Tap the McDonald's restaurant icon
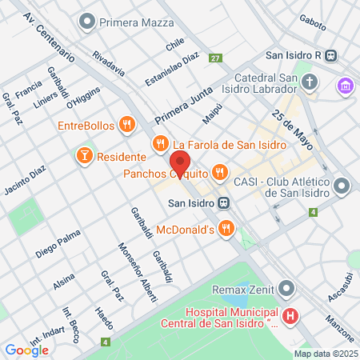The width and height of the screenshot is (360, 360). pos(227,229)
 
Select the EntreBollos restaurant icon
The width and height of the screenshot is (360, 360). pos(126,124)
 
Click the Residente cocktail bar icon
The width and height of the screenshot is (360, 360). pos(83,154)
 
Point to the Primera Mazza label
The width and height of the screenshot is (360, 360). pos(134,21)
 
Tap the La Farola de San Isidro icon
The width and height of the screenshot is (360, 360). pos(160,144)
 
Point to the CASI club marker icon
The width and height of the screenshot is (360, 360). pos(342,186)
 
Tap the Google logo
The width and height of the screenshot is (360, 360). pos(26,349)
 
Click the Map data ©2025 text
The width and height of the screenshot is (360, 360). pos(325,354)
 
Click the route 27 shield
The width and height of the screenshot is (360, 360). pos(215,58)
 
